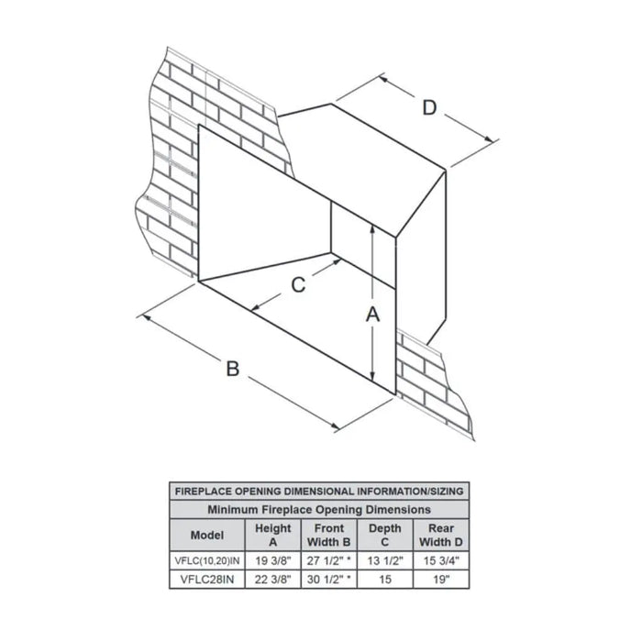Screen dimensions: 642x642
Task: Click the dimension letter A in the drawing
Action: pyautogui.click(x=372, y=315)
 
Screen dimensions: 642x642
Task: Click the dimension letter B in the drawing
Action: pyautogui.click(x=233, y=369)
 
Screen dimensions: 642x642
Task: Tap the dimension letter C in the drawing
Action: pyautogui.click(x=298, y=285)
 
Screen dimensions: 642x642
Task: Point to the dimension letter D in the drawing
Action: pyautogui.click(x=429, y=108)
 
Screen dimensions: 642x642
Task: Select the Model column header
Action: pyautogui.click(x=206, y=535)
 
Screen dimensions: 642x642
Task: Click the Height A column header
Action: pyautogui.click(x=273, y=535)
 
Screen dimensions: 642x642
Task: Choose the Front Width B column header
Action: pyautogui.click(x=328, y=535)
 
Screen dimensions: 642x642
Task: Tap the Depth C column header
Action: pyautogui.click(x=384, y=535)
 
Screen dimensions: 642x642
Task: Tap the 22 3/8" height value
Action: pyautogui.click(x=273, y=578)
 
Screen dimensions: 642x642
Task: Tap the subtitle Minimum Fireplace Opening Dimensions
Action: pyautogui.click(x=319, y=509)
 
